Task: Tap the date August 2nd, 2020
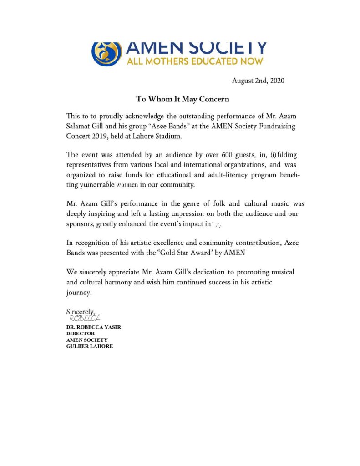point(258,81)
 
